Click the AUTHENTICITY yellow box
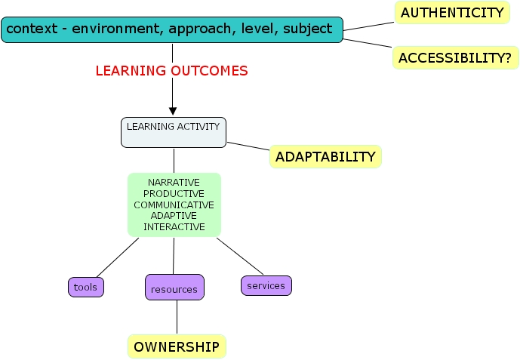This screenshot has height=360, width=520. (451, 12)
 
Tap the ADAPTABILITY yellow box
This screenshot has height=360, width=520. (325, 157)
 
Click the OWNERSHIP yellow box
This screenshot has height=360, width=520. (177, 346)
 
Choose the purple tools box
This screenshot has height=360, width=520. (86, 287)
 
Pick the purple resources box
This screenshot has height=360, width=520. (174, 288)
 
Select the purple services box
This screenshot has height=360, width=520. (266, 285)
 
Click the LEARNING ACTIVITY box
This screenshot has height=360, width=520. (174, 132)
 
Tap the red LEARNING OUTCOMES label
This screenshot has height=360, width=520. (171, 71)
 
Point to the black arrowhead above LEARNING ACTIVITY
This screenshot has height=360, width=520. (173, 110)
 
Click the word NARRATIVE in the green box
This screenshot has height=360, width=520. (174, 183)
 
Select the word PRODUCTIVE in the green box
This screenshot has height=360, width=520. (174, 194)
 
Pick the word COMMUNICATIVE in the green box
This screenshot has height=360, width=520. (174, 205)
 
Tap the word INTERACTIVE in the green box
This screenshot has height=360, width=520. (174, 226)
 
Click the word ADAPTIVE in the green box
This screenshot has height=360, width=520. (174, 216)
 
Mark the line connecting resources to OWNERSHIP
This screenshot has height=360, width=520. (177, 317)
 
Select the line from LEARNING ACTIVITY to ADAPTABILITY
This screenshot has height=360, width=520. (249, 146)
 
